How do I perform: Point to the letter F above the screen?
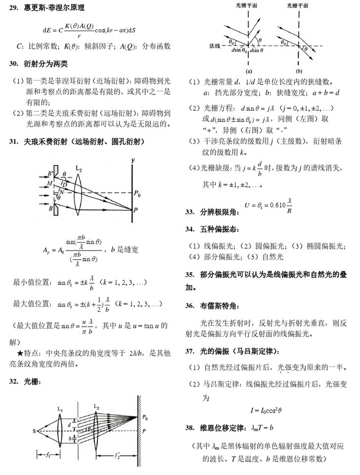tap(133, 160)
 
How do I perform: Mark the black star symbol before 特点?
tap(20, 354)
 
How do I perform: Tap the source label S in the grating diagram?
tap(35, 431)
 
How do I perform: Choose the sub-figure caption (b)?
tap(299, 70)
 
